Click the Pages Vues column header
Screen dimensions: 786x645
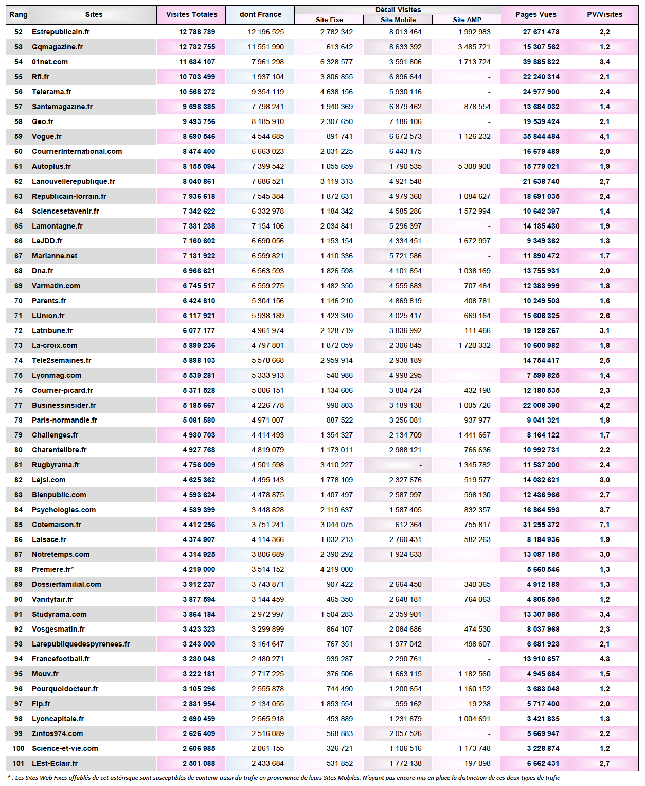pos(535,14)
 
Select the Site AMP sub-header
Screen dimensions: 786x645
pos(467,20)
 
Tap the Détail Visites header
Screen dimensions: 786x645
pos(398,10)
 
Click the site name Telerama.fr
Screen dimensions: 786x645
pos(51,92)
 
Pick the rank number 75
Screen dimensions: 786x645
pos(19,375)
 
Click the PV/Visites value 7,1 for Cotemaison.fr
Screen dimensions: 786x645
pos(604,525)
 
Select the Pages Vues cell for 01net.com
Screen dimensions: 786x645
pos(541,62)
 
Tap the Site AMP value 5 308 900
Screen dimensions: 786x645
pos(474,166)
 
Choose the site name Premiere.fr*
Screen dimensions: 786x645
pos(52,569)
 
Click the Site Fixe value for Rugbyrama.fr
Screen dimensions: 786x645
pos(336,465)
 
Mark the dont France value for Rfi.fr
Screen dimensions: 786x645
pos(267,77)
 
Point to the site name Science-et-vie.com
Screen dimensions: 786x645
pos(65,748)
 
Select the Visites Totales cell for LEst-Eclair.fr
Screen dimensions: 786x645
pos(199,763)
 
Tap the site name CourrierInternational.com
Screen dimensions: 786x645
pos(77,151)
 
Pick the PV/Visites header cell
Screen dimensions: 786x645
pos(604,14)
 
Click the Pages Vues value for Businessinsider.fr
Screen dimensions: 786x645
pos(541,405)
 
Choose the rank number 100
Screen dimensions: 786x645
pos(19,748)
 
